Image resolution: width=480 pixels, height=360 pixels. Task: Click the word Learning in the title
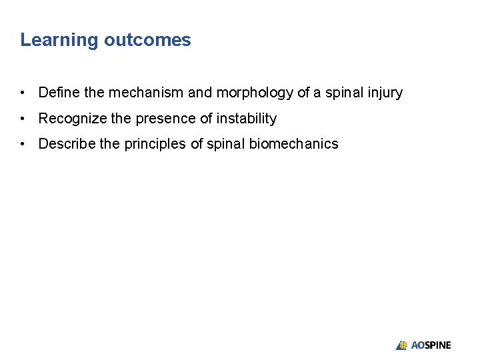59,40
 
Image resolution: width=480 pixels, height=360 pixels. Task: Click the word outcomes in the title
147,40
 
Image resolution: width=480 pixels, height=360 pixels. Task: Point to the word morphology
255,93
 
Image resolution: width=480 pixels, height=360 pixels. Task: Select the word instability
243,119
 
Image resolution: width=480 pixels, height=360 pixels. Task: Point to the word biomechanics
293,144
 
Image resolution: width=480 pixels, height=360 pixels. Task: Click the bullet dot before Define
23,93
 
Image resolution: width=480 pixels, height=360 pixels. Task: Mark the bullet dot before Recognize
23,119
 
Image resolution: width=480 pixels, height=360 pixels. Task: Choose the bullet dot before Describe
23,144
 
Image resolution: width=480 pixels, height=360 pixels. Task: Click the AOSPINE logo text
431,345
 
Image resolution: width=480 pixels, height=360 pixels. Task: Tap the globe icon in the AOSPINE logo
402,345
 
